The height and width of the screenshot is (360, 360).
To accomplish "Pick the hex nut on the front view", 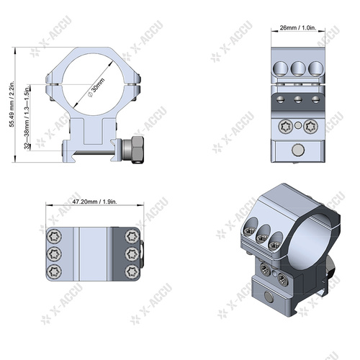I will coord(133,150).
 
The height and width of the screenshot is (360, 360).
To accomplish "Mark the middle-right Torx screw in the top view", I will coord(131,253).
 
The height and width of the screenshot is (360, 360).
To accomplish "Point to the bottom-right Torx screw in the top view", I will coord(131,271).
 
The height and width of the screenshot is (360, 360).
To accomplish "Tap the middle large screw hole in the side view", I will coord(297,69).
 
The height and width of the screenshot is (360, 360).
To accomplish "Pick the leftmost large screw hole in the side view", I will coord(279,69).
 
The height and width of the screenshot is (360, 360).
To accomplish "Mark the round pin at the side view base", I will coord(297,150).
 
